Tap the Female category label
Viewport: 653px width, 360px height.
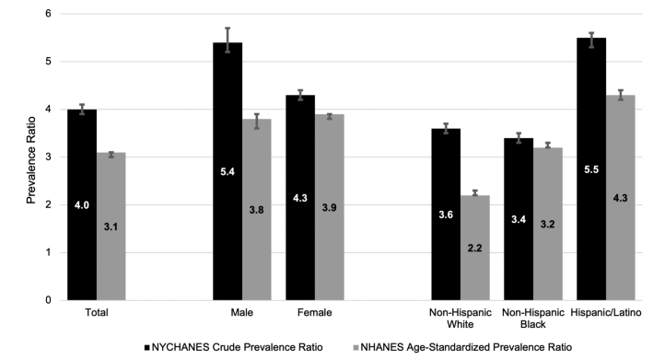click(x=314, y=313)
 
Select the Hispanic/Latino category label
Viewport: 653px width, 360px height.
click(x=605, y=313)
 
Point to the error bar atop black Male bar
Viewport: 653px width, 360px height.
click(x=227, y=40)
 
